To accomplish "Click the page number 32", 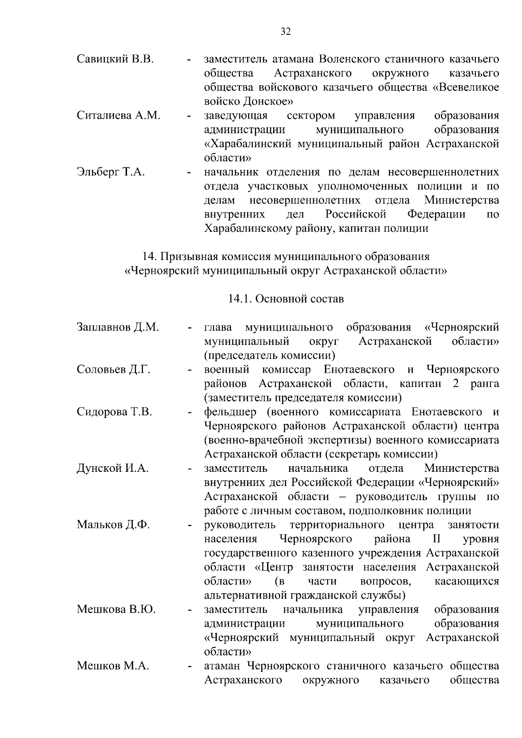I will click(x=286, y=31).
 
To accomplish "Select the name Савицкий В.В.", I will click(x=115, y=59).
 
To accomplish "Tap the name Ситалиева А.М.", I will click(x=118, y=116).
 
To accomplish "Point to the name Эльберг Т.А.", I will click(x=110, y=172).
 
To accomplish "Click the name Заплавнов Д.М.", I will click(x=117, y=327).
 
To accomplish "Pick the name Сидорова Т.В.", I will click(x=114, y=412).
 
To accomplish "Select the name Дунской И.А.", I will click(x=113, y=468).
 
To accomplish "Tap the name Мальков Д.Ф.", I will click(x=113, y=525).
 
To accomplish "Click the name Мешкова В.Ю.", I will click(x=116, y=609).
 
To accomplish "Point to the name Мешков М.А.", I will click(x=113, y=666).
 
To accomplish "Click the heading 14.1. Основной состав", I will click(x=286, y=299).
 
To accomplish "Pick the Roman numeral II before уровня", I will click(x=436, y=539).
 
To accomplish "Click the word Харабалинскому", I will click(x=248, y=228).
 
